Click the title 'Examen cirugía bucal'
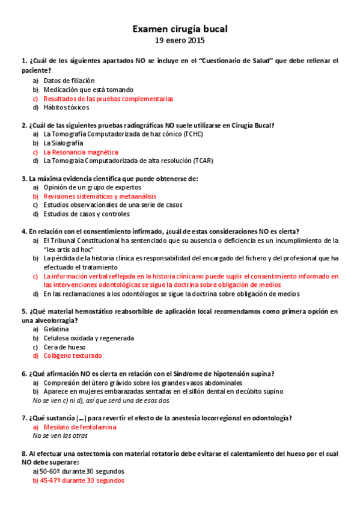tap(180, 28)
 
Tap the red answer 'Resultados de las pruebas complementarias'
tap(108, 98)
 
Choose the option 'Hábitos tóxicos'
tap(66, 107)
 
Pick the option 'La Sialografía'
tap(63, 143)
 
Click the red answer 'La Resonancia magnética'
tap(81, 152)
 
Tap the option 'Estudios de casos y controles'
tap(86, 214)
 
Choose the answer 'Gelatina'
tap(56, 329)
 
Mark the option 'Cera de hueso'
tap(64, 346)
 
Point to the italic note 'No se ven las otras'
tap(60, 435)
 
